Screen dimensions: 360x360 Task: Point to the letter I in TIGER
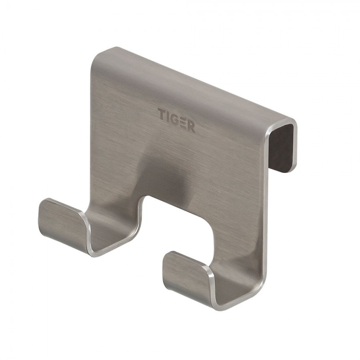point(167,116)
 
